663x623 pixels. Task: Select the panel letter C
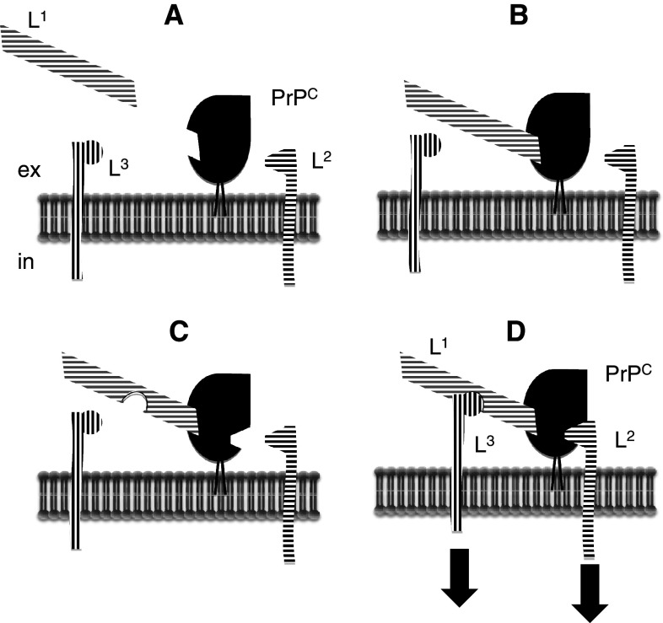click(178, 331)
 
